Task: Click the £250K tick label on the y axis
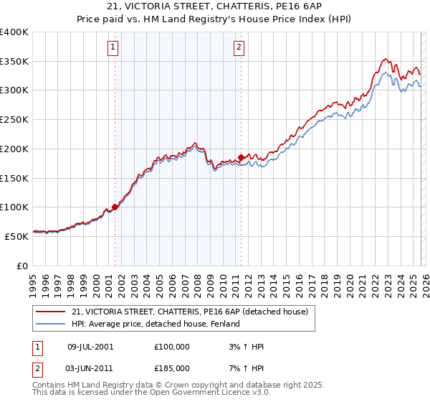tap(14, 119)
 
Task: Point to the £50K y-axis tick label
tap(16, 235)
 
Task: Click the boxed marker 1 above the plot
tap(114, 48)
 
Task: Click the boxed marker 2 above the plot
tap(239, 48)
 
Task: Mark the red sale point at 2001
tap(115, 207)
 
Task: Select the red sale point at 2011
tap(241, 156)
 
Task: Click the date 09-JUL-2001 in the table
tap(90, 347)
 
